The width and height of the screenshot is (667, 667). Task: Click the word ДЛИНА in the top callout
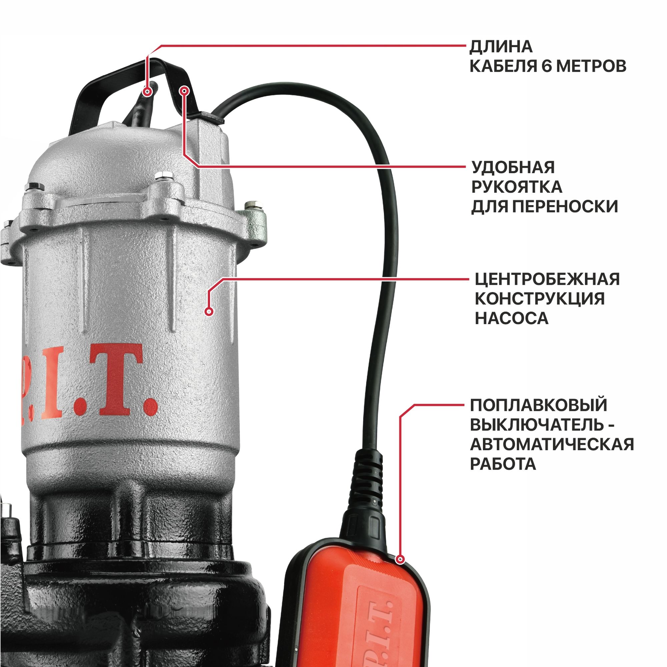tap(501, 47)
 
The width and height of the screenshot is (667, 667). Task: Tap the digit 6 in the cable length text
tap(547, 66)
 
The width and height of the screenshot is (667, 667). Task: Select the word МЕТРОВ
tap(591, 66)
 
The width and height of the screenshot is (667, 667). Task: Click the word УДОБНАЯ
tap(513, 167)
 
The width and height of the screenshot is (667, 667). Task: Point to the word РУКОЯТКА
tap(517, 187)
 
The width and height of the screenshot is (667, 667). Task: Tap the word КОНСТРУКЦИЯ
tap(540, 298)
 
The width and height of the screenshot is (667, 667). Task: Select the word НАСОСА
tap(512, 318)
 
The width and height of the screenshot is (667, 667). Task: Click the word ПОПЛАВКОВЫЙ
tap(539, 405)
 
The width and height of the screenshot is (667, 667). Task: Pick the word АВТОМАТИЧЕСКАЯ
tap(552, 444)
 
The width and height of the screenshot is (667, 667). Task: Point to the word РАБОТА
tap(503, 464)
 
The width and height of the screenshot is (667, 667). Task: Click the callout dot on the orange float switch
tap(401, 559)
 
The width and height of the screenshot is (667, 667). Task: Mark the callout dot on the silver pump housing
tap(208, 311)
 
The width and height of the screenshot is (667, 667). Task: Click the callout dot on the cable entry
tap(148, 91)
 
